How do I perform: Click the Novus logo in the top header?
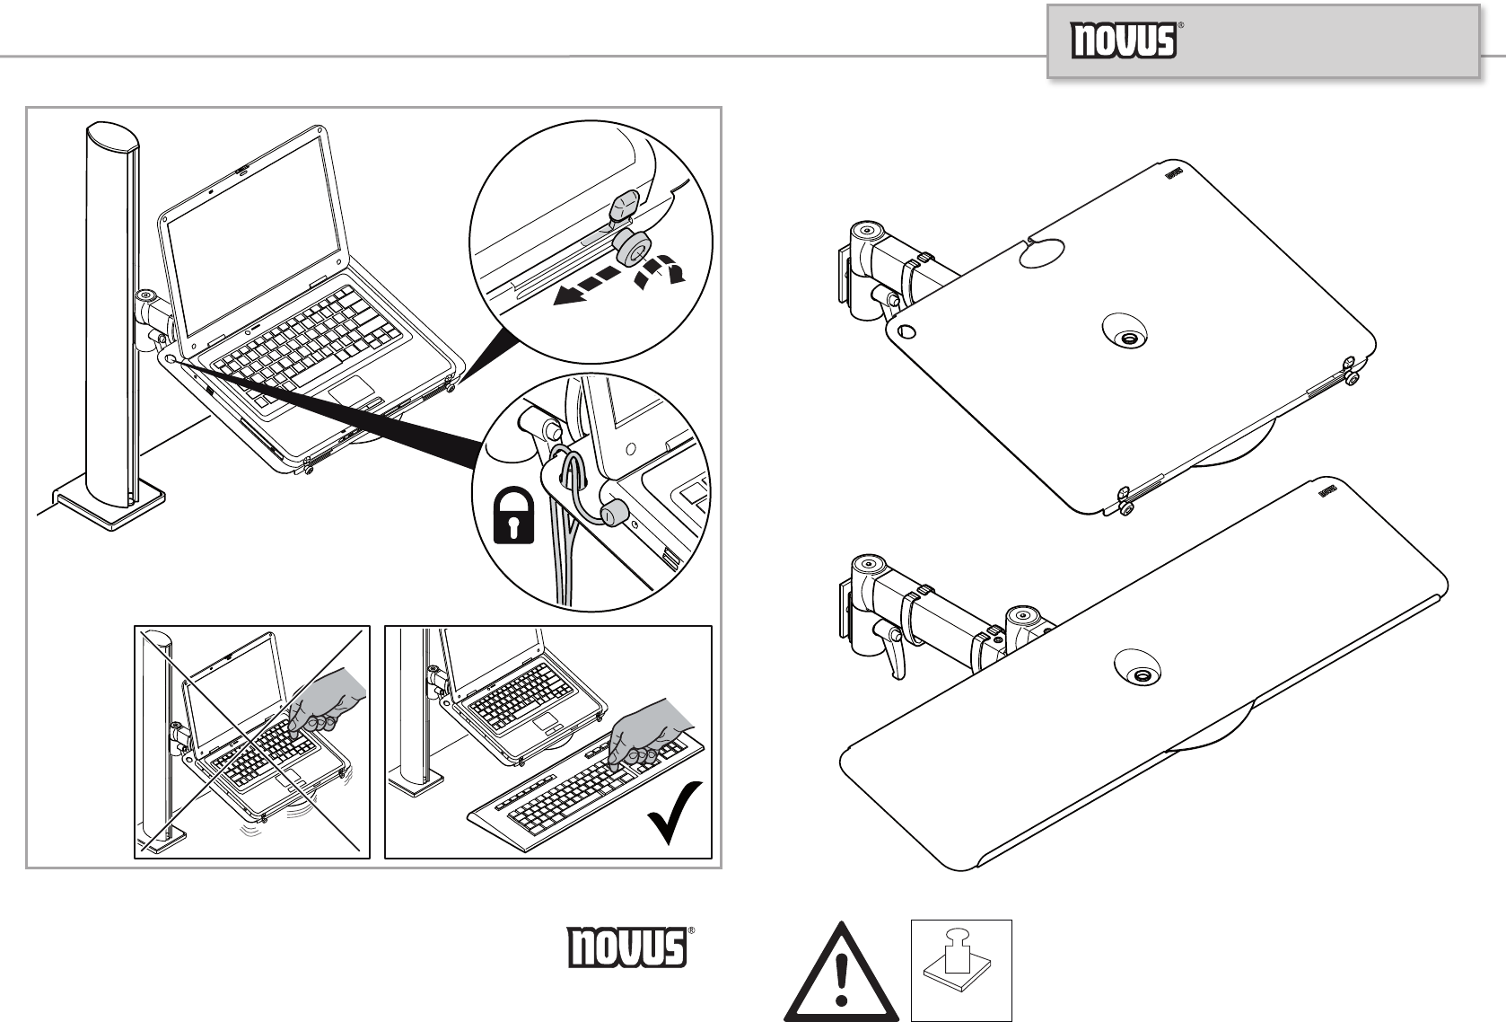pyautogui.click(x=1125, y=41)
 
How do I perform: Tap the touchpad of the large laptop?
pyautogui.click(x=351, y=392)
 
